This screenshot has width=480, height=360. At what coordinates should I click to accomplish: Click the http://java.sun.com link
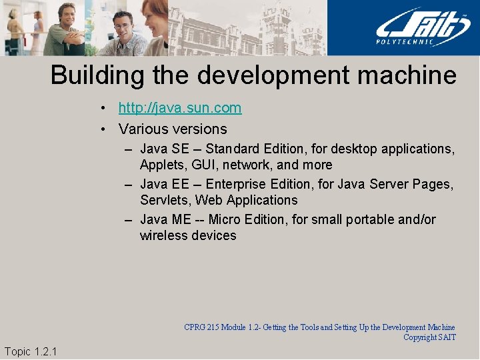click(x=180, y=108)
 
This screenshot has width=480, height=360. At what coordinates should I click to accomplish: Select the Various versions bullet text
click(x=173, y=129)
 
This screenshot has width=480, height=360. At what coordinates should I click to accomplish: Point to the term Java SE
click(x=164, y=149)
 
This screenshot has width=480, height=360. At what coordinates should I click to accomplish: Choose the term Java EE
click(x=164, y=184)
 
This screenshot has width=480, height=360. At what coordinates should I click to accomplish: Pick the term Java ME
click(x=165, y=219)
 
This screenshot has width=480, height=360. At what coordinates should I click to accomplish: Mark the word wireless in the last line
click(x=163, y=235)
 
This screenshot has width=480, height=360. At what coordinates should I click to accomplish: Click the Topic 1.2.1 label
click(x=31, y=351)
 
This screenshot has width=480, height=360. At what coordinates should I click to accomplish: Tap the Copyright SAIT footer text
click(x=429, y=337)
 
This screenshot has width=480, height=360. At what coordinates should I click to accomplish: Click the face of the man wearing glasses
click(x=123, y=27)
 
